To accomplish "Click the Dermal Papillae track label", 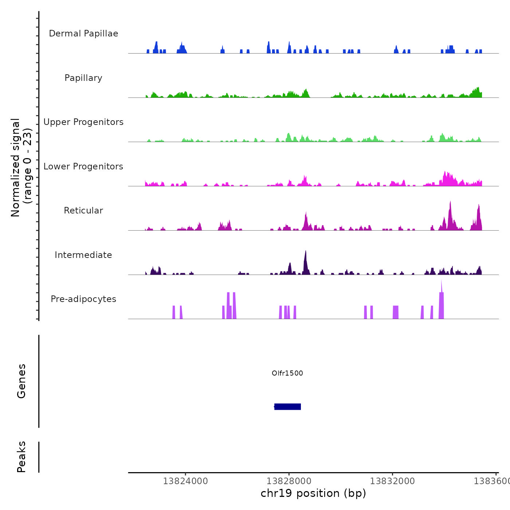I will (83, 34).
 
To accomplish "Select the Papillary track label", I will (83, 78).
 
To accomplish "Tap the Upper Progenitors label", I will (83, 122).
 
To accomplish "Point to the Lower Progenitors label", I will (83, 166).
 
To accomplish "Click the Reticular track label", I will (83, 211).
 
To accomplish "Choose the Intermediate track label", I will (83, 255).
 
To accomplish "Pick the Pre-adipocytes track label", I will (83, 299).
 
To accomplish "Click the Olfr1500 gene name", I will (287, 373).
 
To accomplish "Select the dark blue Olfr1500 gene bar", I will (288, 407).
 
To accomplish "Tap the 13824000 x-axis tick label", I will (185, 481).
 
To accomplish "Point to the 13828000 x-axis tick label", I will (289, 481).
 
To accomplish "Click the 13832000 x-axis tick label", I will (392, 481).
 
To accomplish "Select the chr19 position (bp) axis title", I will (313, 493).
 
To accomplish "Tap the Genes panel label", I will (21, 381).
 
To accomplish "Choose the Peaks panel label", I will (21, 457).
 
